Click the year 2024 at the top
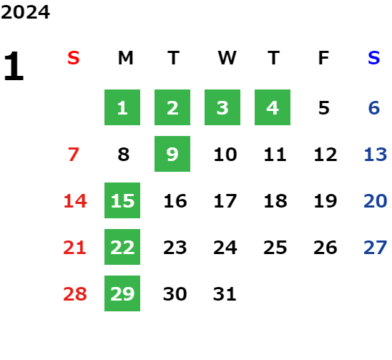(x=25, y=12)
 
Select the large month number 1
(x=14, y=66)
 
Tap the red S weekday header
(x=74, y=58)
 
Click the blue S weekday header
(x=374, y=58)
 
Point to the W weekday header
(x=227, y=58)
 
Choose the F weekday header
(x=323, y=58)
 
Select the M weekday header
(x=125, y=58)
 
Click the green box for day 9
(x=172, y=154)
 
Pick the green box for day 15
(x=122, y=200)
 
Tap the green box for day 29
(x=122, y=293)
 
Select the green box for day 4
(x=273, y=107)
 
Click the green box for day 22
(x=122, y=247)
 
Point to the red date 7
(x=74, y=155)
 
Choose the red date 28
(x=75, y=294)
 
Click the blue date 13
(x=376, y=155)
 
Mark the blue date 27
(x=376, y=248)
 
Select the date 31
(x=225, y=294)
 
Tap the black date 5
(x=324, y=108)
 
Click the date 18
(x=275, y=201)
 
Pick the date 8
(x=124, y=155)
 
